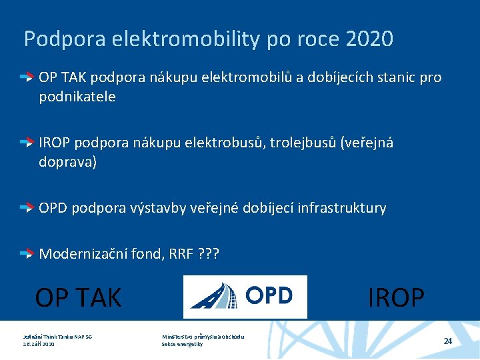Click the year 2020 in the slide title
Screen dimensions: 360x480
coord(370,39)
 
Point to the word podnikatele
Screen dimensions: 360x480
coord(77,97)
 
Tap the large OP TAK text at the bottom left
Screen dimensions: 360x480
coord(78,297)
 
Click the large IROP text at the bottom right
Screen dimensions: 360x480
coord(396,297)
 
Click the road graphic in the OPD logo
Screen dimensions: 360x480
coord(213,296)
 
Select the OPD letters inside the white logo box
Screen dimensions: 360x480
coord(269,295)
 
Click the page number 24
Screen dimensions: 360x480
coord(448,341)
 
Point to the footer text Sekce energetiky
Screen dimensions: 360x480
coord(182,344)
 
